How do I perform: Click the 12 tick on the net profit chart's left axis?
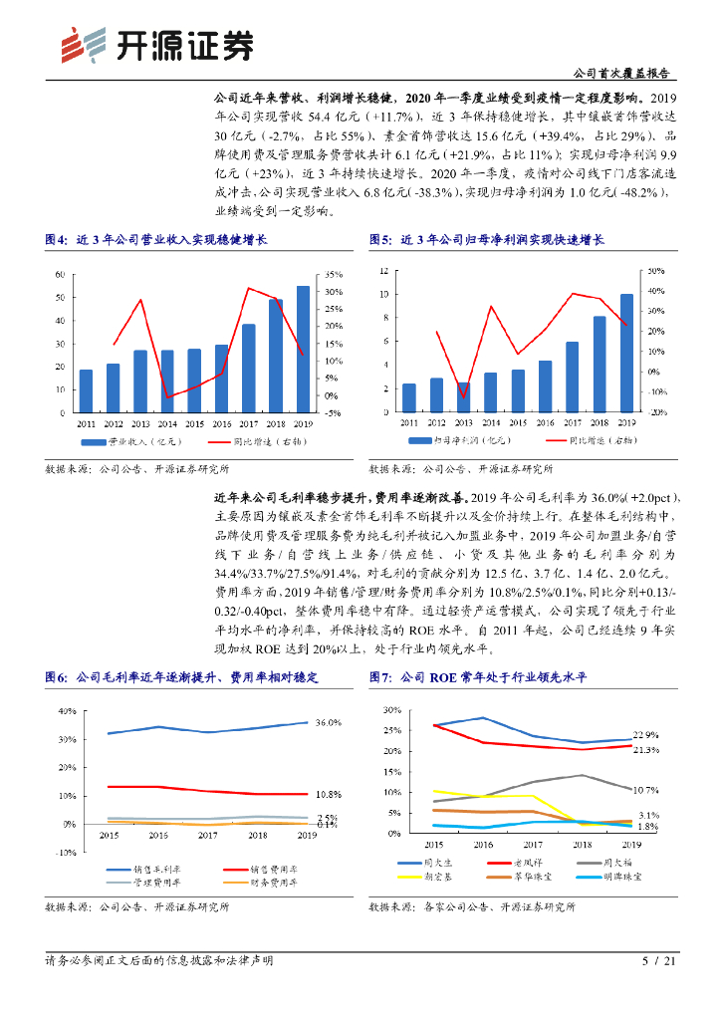coord(385,271)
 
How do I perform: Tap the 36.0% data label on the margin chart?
coord(328,723)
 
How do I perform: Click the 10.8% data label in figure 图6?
coord(329,794)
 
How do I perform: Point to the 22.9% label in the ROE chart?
coord(646,735)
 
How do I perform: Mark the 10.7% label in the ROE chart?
coord(646,790)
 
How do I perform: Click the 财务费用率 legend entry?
coord(258,882)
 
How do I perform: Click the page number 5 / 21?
coord(659,961)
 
